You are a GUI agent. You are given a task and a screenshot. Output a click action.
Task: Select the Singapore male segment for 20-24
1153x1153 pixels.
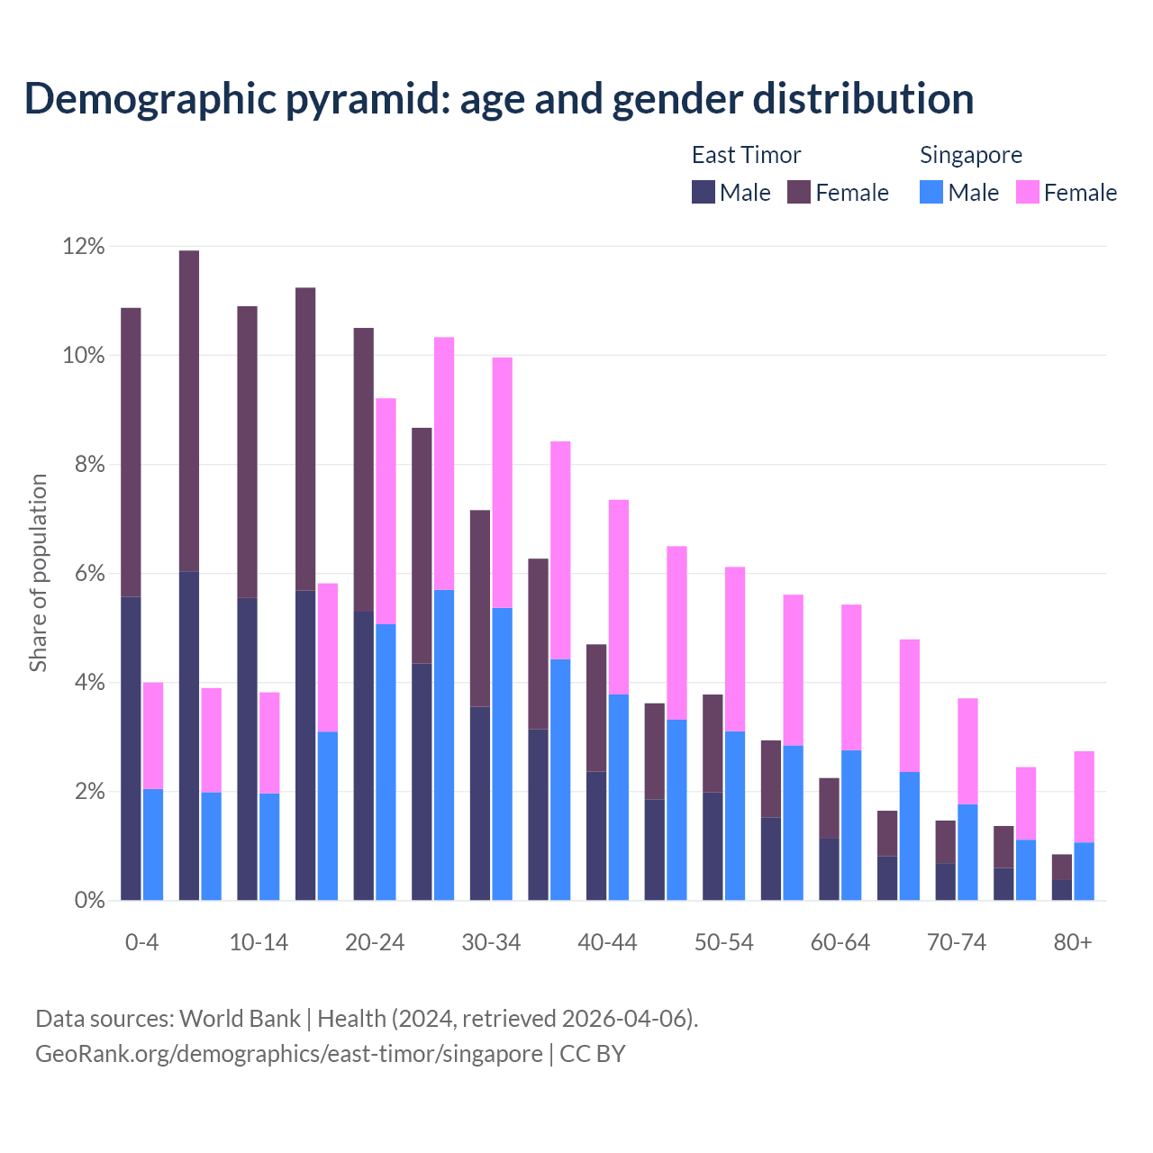click(386, 762)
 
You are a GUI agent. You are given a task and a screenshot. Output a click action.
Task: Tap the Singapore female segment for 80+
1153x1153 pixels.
click(1084, 796)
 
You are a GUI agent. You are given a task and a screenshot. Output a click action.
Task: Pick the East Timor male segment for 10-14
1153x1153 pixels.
click(247, 749)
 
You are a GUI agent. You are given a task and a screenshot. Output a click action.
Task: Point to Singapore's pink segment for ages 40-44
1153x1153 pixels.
click(619, 596)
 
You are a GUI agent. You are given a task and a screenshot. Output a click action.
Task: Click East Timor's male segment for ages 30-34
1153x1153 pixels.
click(480, 803)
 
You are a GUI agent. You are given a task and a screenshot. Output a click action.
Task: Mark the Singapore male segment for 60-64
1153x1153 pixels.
click(851, 825)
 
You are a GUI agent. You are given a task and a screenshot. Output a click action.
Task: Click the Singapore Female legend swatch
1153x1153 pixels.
click(1027, 192)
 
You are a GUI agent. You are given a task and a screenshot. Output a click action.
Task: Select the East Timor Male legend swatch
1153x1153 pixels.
click(704, 192)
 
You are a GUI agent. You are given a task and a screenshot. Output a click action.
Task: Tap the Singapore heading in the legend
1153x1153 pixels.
click(970, 155)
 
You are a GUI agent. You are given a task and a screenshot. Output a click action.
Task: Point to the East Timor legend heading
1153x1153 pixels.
click(746, 155)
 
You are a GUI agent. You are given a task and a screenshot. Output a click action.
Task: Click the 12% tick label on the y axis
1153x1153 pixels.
click(84, 246)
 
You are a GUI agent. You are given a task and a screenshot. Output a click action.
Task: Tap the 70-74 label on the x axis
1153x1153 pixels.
click(956, 942)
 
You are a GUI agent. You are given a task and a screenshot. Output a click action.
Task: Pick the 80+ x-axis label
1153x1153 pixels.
click(1072, 942)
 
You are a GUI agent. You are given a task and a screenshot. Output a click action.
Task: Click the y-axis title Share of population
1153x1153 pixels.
click(38, 573)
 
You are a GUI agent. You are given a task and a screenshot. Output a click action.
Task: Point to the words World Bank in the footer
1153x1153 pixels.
click(240, 1018)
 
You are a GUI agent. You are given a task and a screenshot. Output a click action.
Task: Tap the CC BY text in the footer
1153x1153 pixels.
click(593, 1053)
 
